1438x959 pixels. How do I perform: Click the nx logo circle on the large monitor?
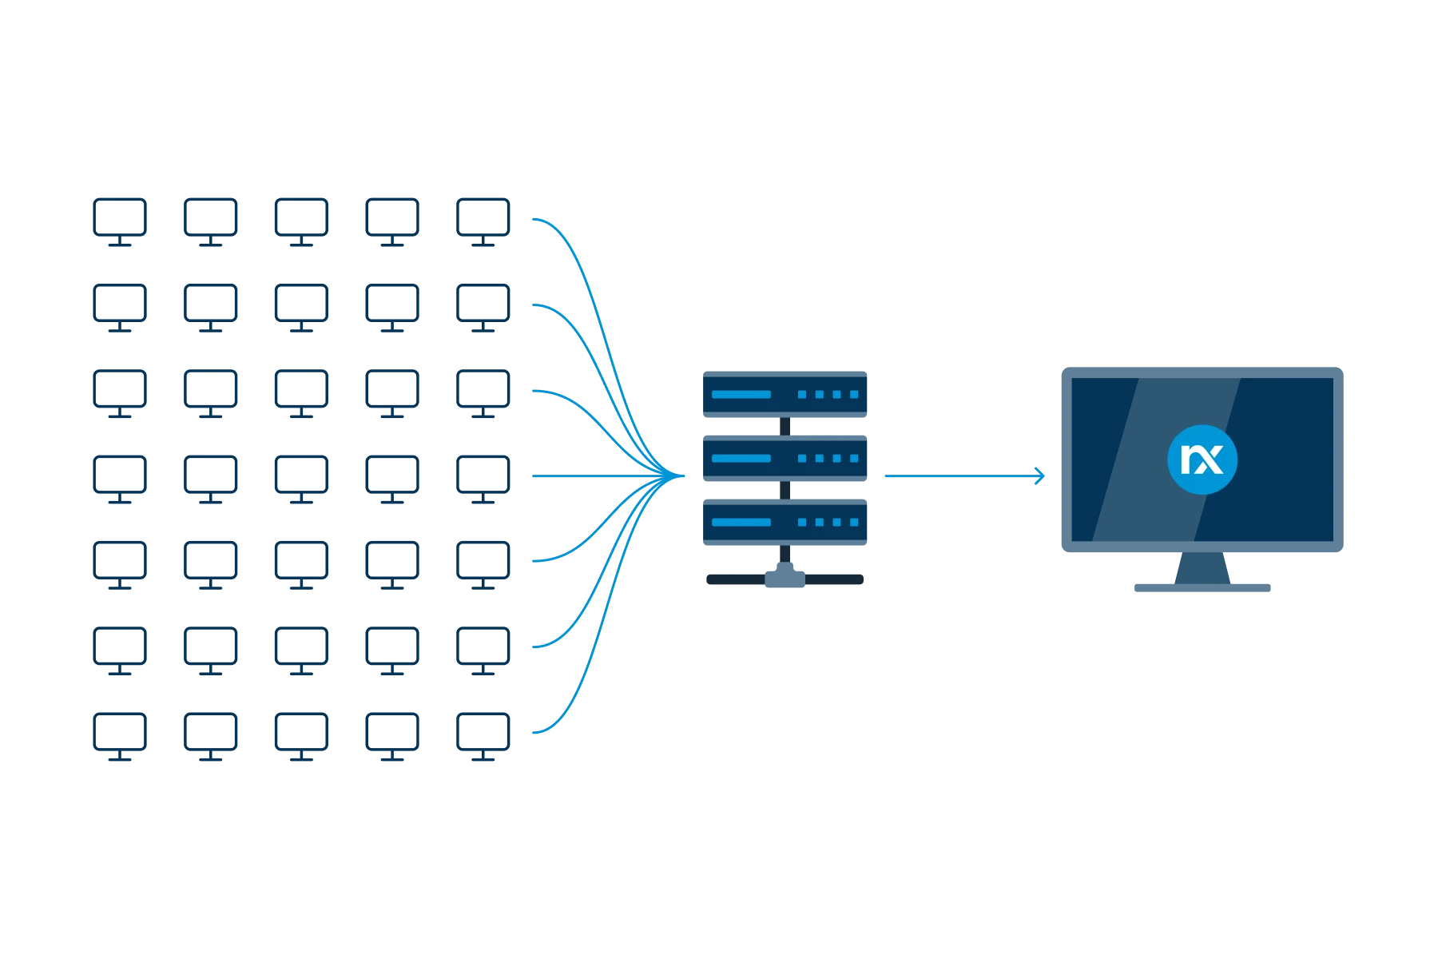tap(1202, 460)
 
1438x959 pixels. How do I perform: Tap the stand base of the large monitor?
tap(1201, 588)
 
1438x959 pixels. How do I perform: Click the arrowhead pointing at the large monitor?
tap(1039, 476)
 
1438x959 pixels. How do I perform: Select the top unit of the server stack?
tap(785, 395)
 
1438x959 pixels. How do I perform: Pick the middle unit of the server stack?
tap(785, 460)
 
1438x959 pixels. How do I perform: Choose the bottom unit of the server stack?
tap(785, 523)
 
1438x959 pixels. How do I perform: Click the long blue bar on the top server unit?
tap(741, 395)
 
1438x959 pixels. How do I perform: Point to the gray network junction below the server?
tap(785, 576)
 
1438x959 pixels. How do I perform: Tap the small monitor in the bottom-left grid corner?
tap(118, 735)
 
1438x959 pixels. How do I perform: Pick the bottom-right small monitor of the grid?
tap(483, 735)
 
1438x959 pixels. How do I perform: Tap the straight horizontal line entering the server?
tap(591, 476)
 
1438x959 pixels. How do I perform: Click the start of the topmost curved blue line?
tap(535, 219)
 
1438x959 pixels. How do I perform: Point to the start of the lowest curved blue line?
tap(535, 731)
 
